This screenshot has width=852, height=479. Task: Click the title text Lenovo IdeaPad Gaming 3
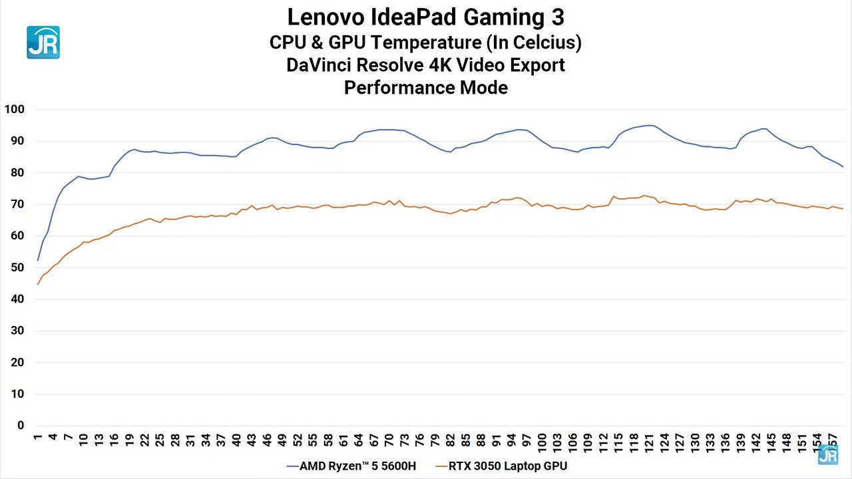point(426,16)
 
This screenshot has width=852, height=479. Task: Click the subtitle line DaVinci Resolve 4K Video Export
point(426,65)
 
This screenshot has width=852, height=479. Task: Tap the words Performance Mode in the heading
point(426,87)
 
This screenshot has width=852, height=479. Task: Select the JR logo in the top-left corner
point(43,43)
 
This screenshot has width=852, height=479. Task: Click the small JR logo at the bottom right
point(827,454)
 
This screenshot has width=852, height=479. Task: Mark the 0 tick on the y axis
point(21,426)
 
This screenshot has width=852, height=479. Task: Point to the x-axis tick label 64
point(359,440)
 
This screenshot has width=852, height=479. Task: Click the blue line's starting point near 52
point(38,260)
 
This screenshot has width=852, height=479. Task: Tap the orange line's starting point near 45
point(38,284)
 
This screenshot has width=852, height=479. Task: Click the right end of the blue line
point(843,166)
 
